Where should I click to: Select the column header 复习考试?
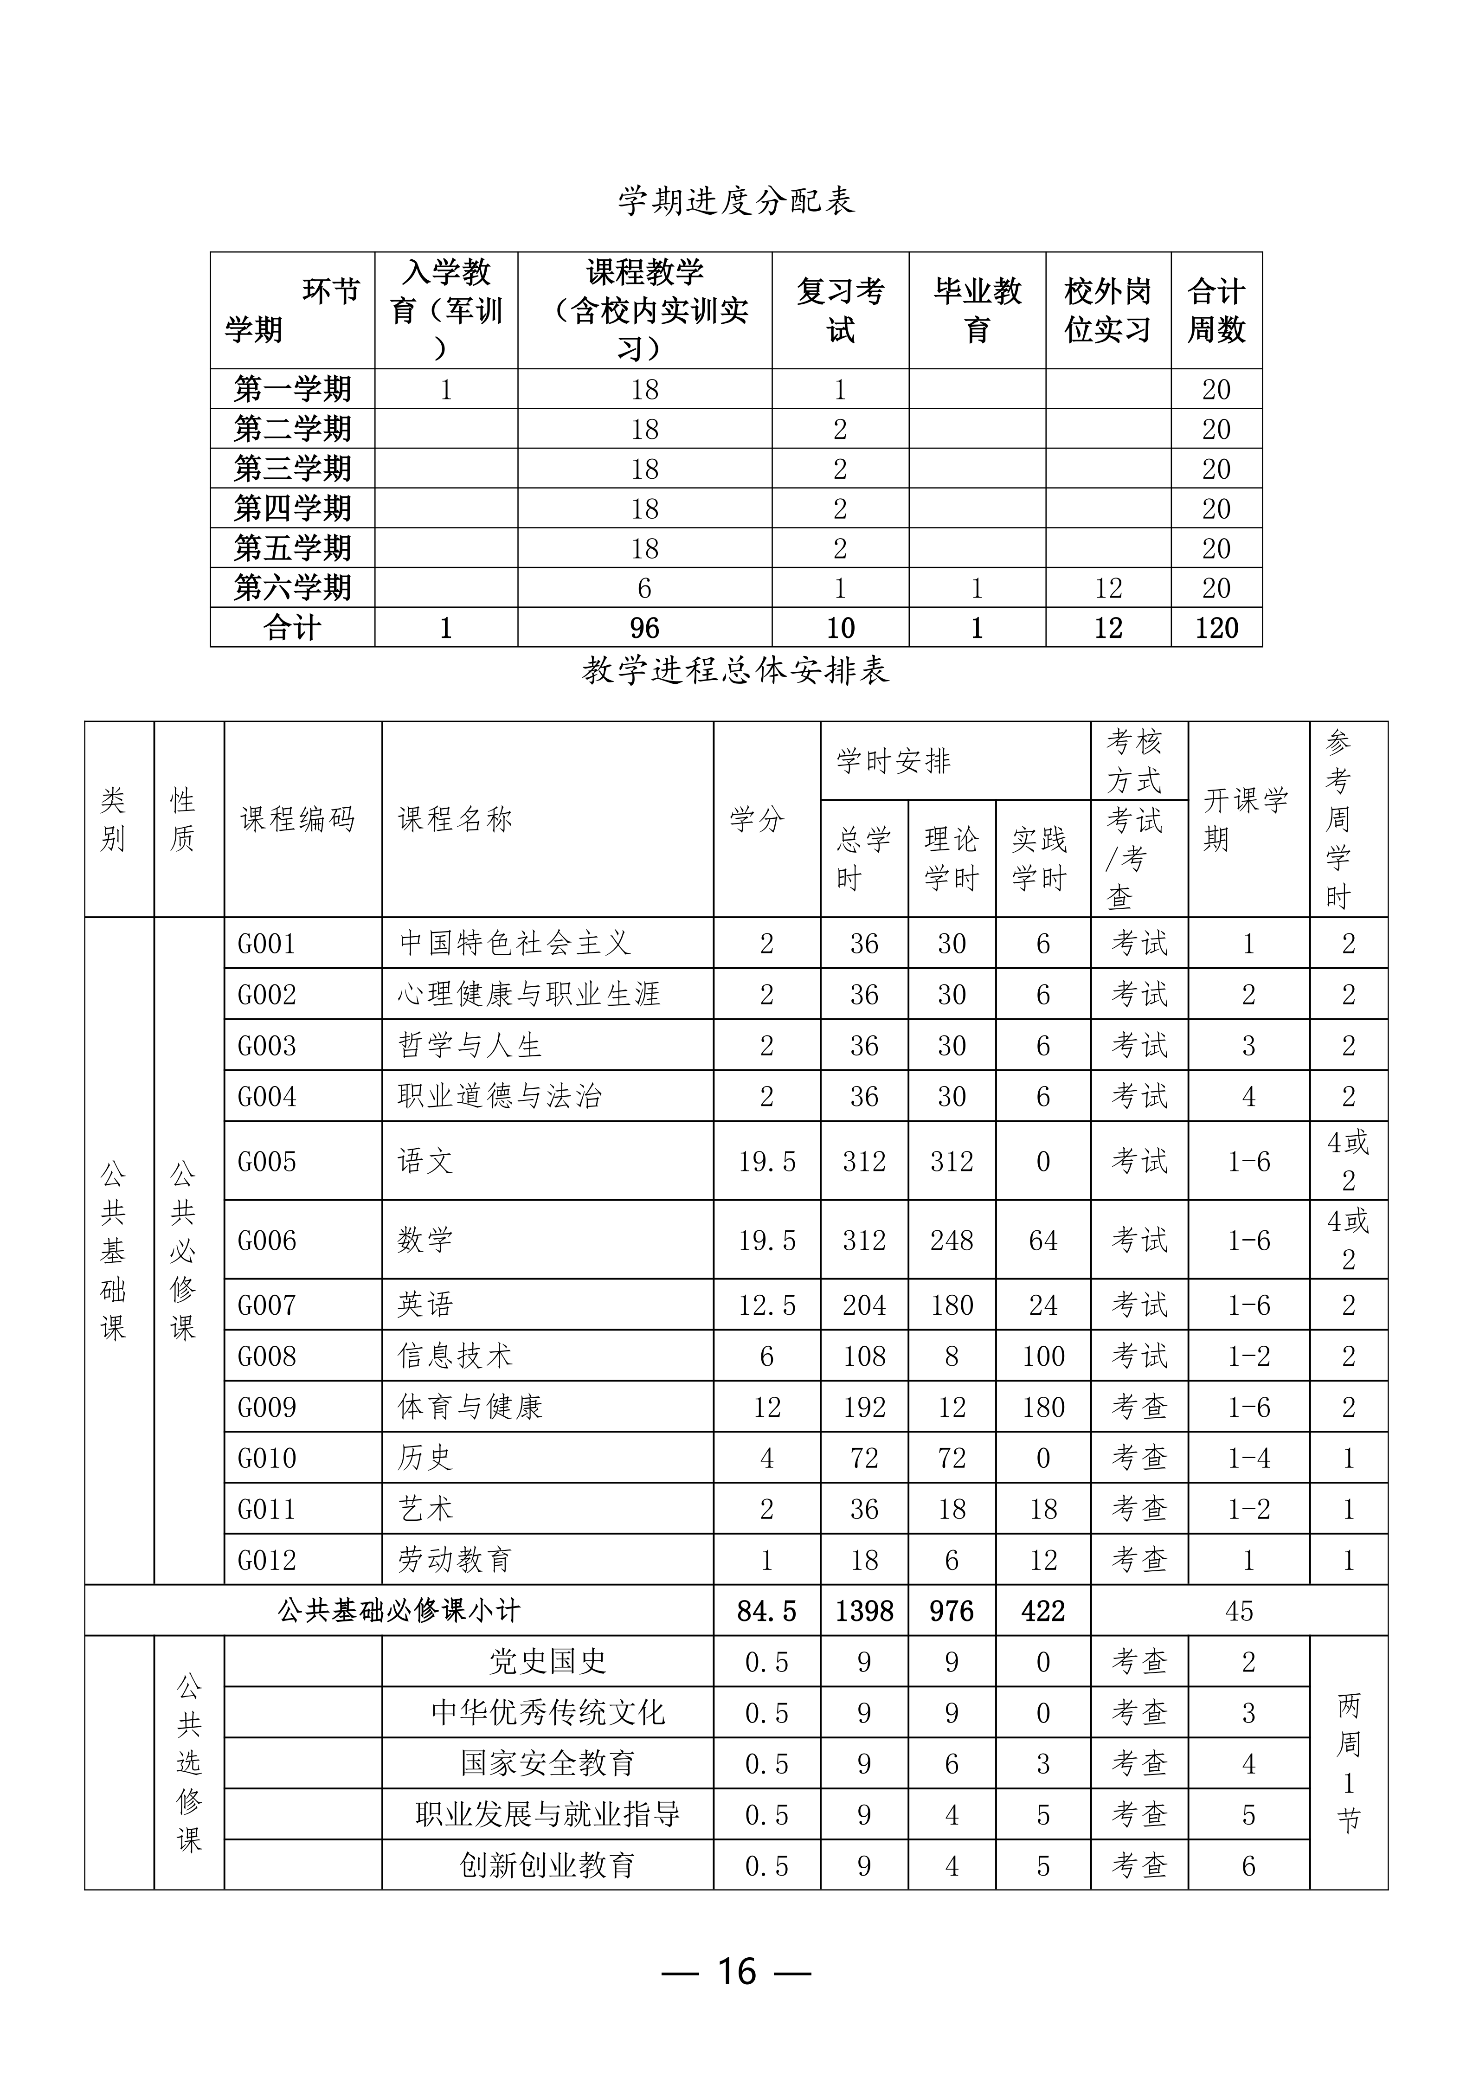[840, 310]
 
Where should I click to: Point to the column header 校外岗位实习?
[1107, 310]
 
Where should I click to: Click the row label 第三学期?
[292, 469]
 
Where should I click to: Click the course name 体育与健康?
[470, 1407]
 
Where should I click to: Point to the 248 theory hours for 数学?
[952, 1240]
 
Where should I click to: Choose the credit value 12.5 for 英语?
[766, 1305]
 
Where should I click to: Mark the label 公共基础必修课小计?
[399, 1611]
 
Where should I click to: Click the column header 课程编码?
[297, 819]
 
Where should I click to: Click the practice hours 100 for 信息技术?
[1043, 1357]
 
